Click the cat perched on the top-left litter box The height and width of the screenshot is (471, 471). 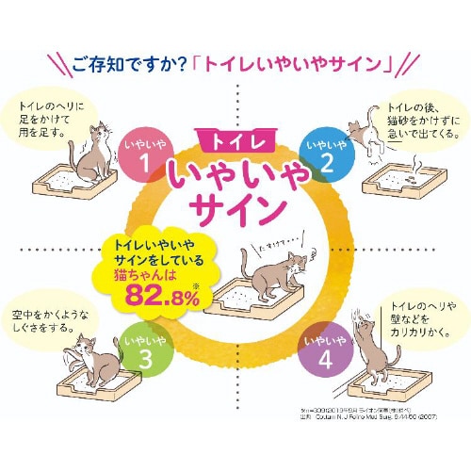point(92,154)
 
